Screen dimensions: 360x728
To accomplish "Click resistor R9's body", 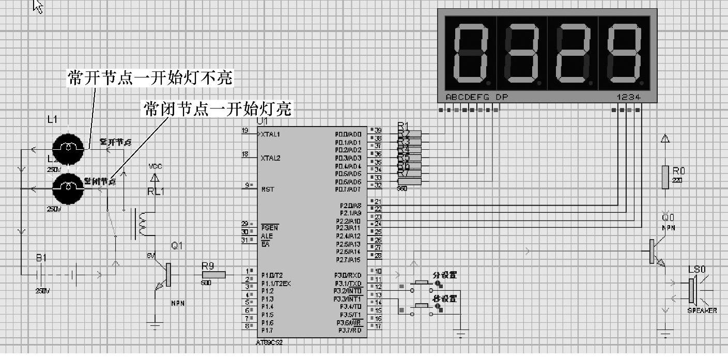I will (x=213, y=275).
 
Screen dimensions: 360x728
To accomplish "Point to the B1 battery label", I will (x=41, y=258).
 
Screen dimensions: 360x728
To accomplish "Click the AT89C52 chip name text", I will (x=269, y=342).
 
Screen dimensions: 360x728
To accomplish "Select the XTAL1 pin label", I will (x=270, y=134).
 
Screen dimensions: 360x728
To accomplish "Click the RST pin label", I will (x=268, y=190).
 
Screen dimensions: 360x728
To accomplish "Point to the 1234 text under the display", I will (x=628, y=97).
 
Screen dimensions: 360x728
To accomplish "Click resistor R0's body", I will (x=665, y=177).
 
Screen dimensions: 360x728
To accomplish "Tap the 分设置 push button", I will (x=421, y=283).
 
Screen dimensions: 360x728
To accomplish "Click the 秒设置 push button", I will (x=421, y=306).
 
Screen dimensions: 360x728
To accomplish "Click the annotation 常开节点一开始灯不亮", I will (x=150, y=78).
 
